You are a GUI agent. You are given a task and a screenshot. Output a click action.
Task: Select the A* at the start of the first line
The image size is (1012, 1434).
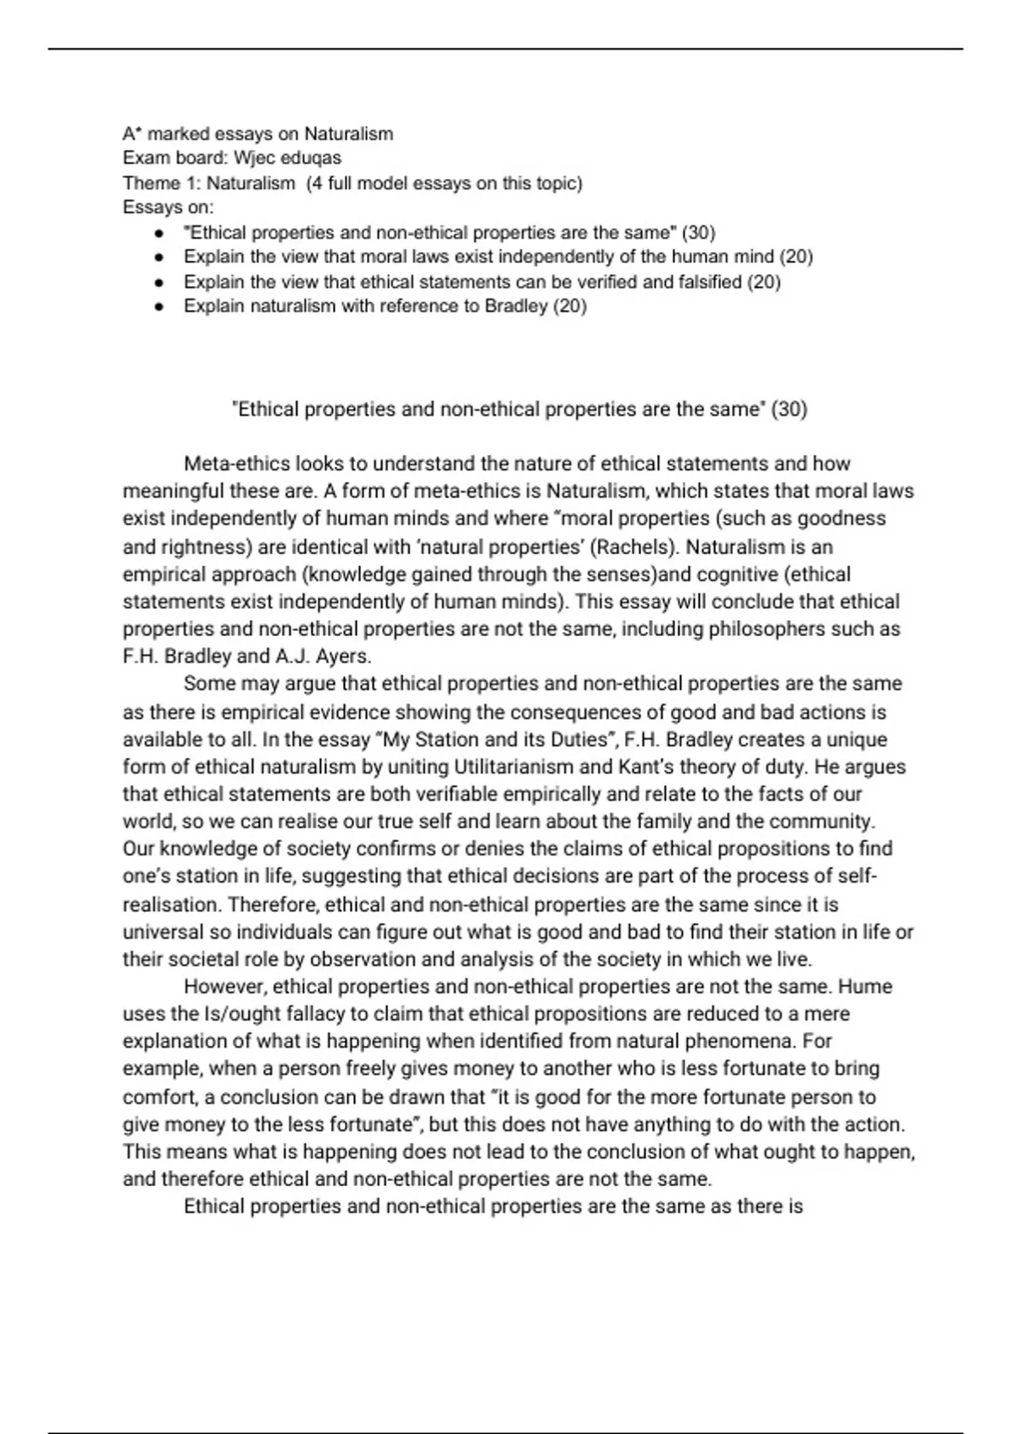click(x=131, y=133)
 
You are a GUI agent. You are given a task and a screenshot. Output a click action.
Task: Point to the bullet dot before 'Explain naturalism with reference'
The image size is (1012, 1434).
click(x=158, y=307)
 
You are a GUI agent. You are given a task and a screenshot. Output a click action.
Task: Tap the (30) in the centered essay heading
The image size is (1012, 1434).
click(x=789, y=409)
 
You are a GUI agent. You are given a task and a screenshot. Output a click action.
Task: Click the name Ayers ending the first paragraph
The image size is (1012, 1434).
click(x=342, y=656)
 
